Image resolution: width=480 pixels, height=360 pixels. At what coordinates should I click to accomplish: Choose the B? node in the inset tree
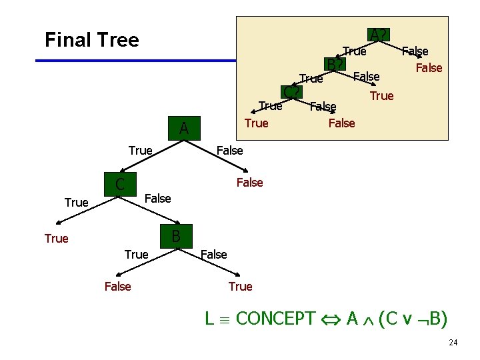coord(335,65)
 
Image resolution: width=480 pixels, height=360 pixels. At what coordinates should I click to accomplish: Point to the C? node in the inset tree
coord(291,92)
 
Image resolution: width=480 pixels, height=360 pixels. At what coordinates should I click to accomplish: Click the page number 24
coord(453,343)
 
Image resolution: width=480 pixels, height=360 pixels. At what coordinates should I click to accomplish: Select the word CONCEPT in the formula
coord(275,319)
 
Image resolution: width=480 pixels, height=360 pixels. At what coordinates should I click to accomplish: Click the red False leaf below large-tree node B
coord(118,287)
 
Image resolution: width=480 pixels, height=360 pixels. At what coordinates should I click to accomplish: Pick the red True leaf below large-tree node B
coord(240,287)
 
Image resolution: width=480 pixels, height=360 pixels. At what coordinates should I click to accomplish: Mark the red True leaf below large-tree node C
coord(57,239)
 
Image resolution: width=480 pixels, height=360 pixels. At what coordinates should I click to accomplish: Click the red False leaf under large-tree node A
coord(250,183)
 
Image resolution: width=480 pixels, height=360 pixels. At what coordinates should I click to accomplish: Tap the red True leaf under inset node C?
coord(257,123)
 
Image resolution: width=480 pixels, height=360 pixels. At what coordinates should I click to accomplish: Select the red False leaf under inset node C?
coord(342,123)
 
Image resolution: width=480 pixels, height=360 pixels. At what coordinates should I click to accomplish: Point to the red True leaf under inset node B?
coord(382,96)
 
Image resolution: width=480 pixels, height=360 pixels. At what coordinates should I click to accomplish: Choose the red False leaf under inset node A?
coord(429,67)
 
